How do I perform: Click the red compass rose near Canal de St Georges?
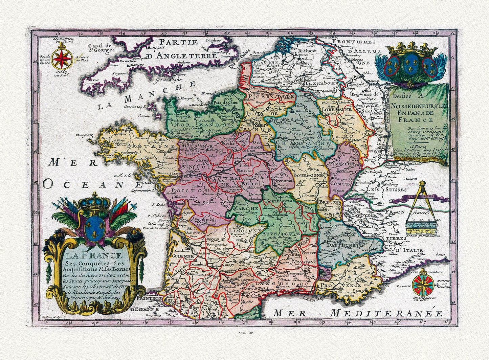click(62, 59)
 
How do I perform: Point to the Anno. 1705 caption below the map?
click(244, 333)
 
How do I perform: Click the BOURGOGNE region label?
click(308, 176)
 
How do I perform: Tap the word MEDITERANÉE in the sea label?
click(386, 313)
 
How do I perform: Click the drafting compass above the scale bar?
click(422, 200)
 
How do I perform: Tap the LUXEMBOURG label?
click(320, 83)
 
